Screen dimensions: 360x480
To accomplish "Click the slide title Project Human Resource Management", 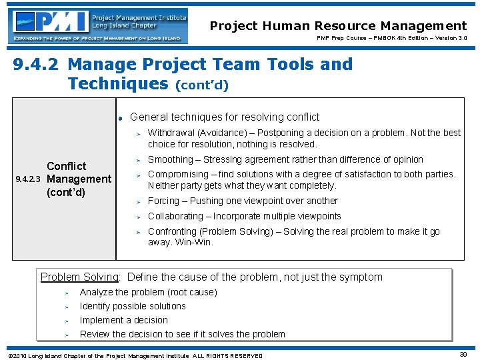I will pyautogui.click(x=338, y=26).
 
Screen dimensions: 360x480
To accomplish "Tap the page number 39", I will pyautogui.click(x=463, y=355).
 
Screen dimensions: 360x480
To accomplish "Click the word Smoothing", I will pyautogui.click(x=170, y=159).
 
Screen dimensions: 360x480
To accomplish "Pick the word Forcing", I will pyautogui.click(x=163, y=201).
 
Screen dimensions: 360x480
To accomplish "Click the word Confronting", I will pyautogui.click(x=172, y=231).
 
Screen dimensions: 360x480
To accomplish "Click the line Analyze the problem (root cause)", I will pyautogui.click(x=148, y=292).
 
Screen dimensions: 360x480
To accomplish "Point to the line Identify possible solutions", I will pyautogui.click(x=133, y=306).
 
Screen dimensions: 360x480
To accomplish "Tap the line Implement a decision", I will pyautogui.click(x=123, y=320).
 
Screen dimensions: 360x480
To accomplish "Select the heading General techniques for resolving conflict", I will pyautogui.click(x=225, y=117).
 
